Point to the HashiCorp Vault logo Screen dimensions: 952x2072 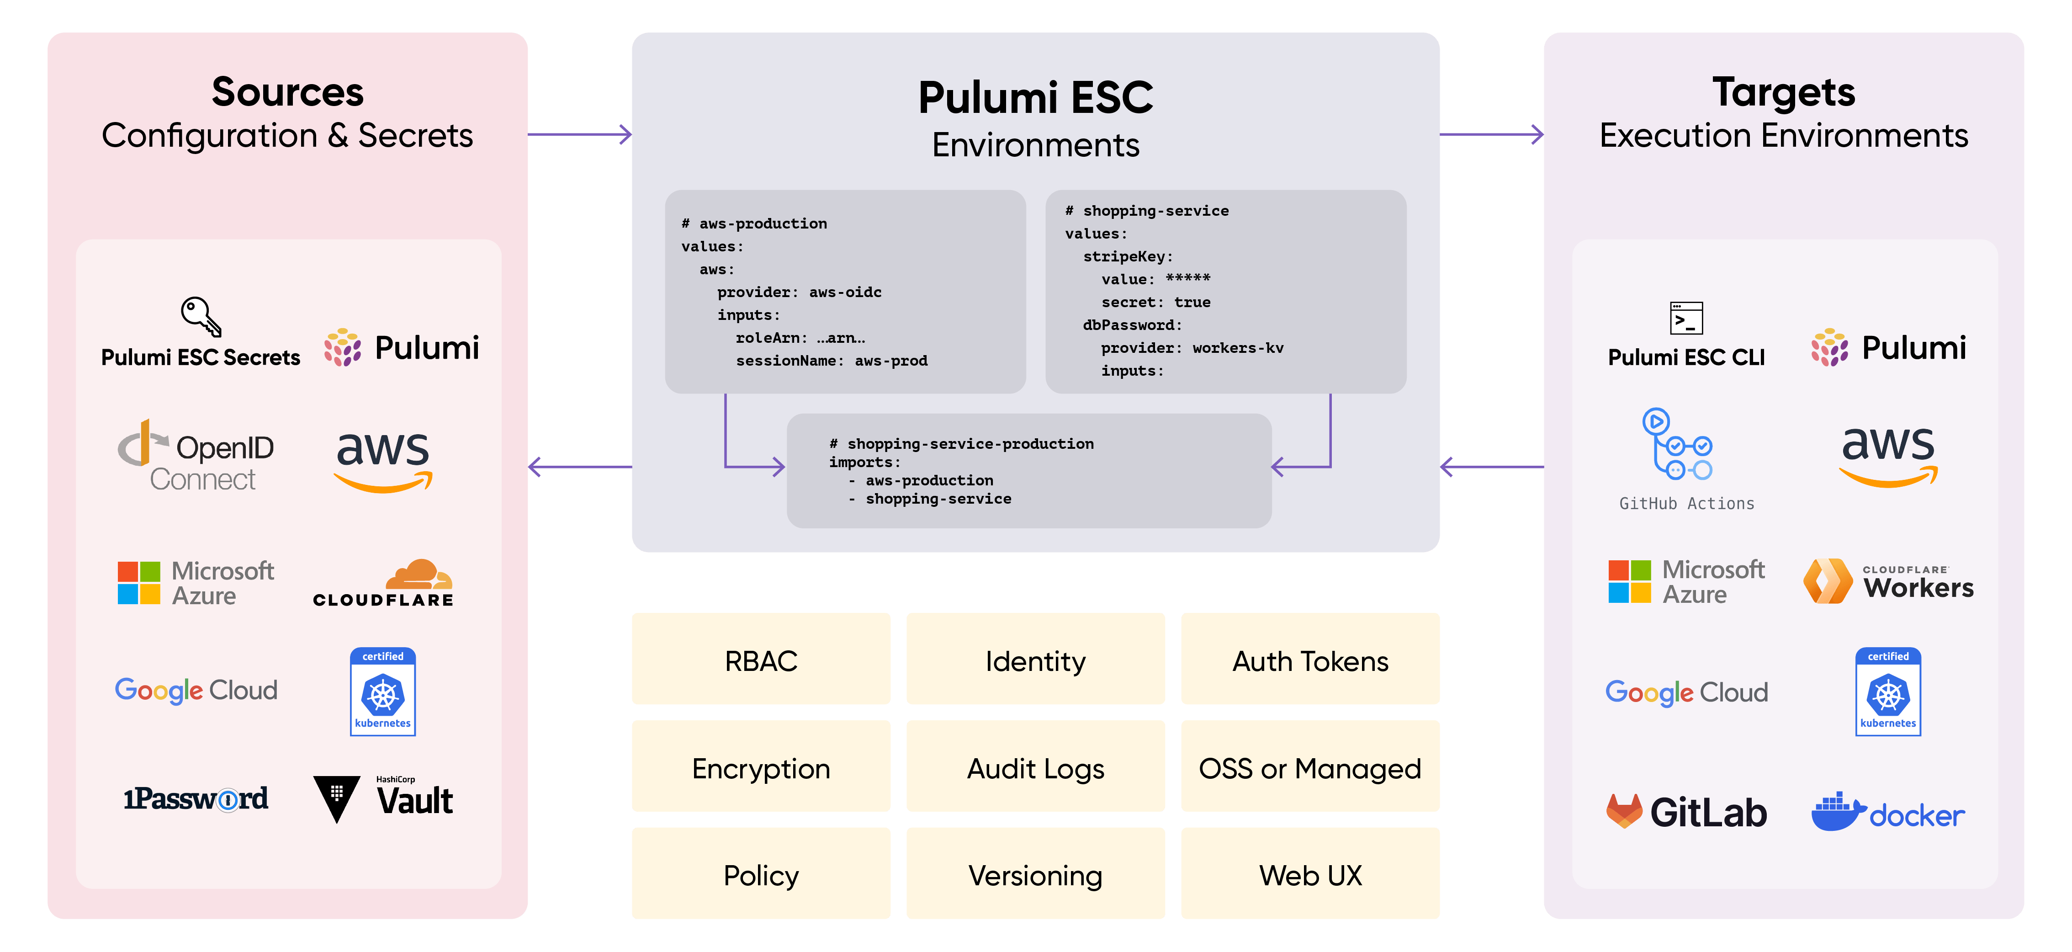tap(383, 798)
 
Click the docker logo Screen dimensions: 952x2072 tap(1887, 813)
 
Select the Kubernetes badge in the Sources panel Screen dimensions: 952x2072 tap(383, 691)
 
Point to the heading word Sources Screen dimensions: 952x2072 tap(287, 92)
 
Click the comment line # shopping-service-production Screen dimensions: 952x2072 tap(961, 443)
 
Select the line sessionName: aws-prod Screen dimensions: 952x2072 tap(831, 361)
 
